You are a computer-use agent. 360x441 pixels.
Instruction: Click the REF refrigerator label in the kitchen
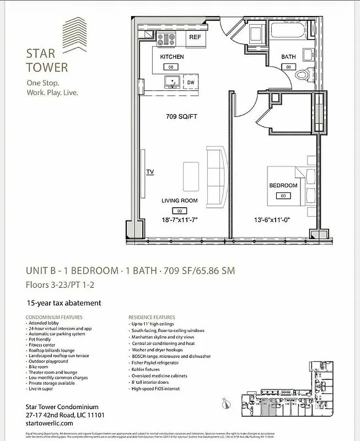pyautogui.click(x=195, y=37)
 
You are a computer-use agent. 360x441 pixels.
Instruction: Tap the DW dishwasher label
pyautogui.click(x=191, y=83)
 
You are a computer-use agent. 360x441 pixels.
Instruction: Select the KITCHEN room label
pyautogui.click(x=171, y=57)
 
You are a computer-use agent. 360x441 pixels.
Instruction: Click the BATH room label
pyautogui.click(x=288, y=57)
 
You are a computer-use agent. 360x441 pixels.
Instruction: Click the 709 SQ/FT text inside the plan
pyautogui.click(x=181, y=116)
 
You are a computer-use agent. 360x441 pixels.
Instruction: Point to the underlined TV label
pyautogui.click(x=149, y=172)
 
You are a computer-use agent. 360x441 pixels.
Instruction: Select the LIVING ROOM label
pyautogui.click(x=179, y=201)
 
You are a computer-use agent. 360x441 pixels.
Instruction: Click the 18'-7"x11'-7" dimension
pyautogui.click(x=179, y=220)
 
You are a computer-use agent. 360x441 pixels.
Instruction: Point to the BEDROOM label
pyautogui.click(x=283, y=186)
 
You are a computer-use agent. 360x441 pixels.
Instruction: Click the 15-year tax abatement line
pyautogui.click(x=64, y=303)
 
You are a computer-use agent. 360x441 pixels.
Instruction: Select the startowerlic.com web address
pyautogui.click(x=50, y=423)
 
